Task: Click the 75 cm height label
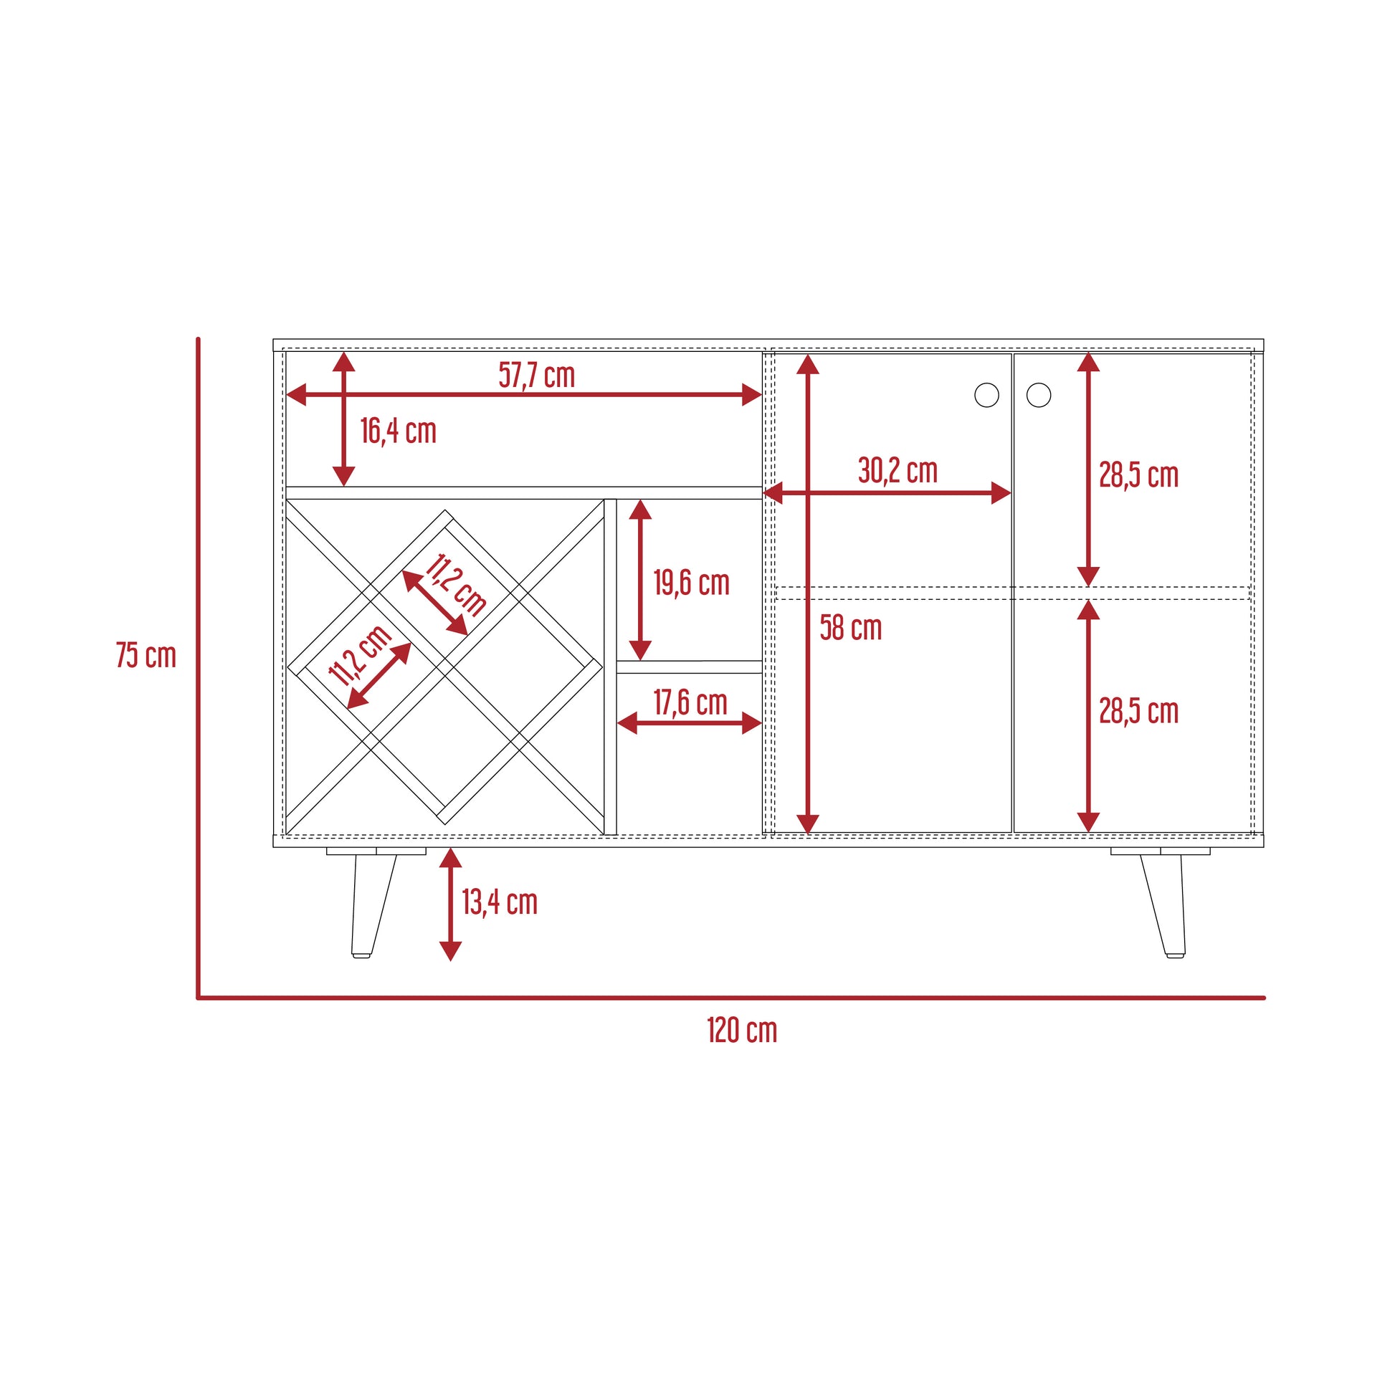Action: click(146, 656)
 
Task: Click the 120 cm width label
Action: click(741, 1031)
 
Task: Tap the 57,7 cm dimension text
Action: click(536, 376)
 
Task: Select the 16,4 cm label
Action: click(399, 431)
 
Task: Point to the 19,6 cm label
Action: click(692, 583)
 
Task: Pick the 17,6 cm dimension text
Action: click(690, 702)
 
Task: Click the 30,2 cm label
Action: click(898, 471)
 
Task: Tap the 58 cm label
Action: click(851, 628)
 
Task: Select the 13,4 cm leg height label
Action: click(500, 902)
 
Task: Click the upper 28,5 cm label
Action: click(1138, 475)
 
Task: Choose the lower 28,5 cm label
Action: click(1138, 712)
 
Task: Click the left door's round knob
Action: click(986, 395)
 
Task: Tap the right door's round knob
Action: click(1038, 395)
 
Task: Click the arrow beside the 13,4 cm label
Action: click(451, 904)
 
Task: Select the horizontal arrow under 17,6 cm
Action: click(690, 723)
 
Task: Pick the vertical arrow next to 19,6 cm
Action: click(640, 580)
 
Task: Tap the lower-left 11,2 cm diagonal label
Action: click(360, 655)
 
